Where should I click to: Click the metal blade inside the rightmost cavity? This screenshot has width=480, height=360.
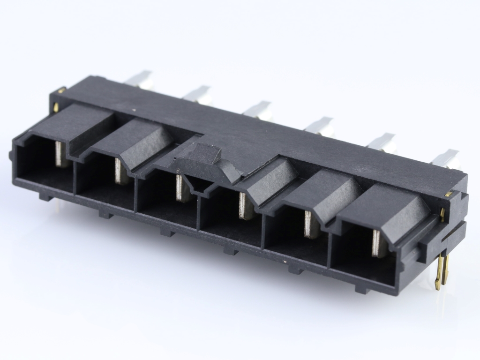click(378, 243)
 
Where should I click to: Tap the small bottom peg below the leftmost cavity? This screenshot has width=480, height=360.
click(45, 196)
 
